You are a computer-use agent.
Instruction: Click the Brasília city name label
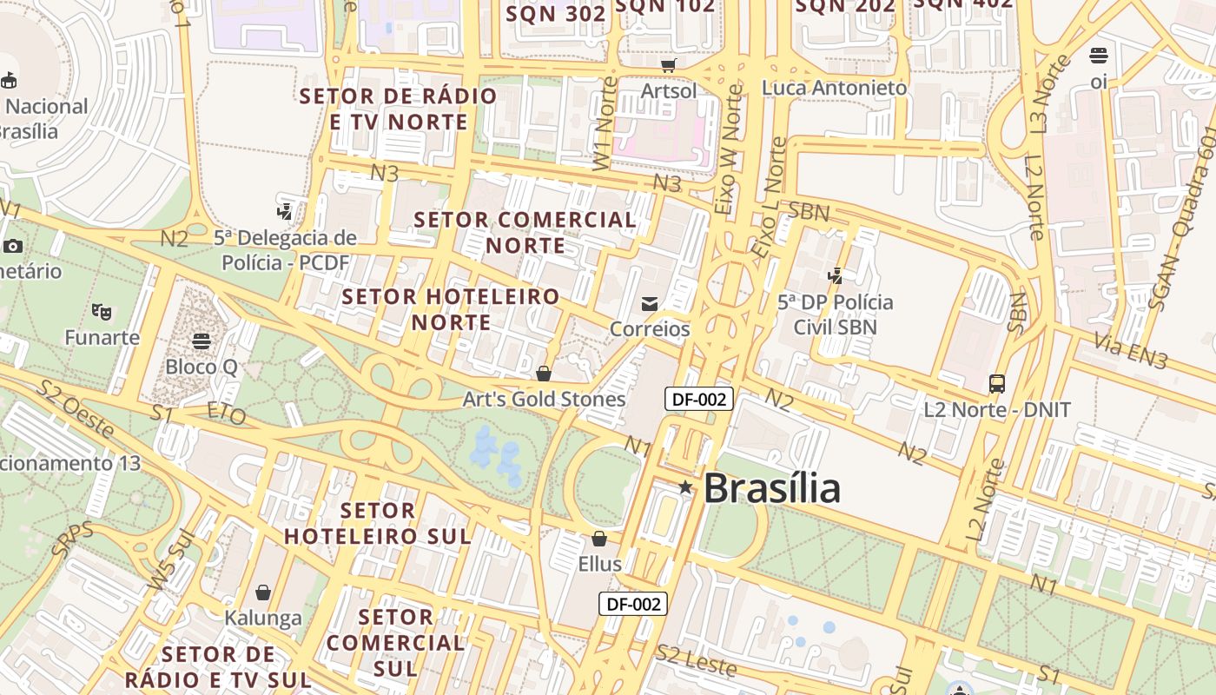coord(771,488)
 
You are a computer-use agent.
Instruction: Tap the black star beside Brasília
coord(685,487)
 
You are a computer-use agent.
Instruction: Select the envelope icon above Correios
coord(650,303)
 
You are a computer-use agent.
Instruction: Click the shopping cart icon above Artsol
coord(669,65)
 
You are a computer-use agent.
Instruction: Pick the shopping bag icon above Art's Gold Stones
coord(544,374)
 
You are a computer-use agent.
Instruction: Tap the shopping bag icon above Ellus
coord(599,539)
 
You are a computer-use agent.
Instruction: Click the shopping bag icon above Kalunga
coord(263,592)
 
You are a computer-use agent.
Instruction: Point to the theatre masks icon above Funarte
coord(102,310)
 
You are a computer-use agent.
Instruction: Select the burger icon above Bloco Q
coord(202,341)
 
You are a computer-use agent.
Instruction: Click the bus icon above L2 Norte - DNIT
coord(996,383)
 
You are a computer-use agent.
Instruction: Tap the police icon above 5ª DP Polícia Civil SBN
coord(836,276)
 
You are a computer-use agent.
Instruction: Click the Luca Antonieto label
coord(834,88)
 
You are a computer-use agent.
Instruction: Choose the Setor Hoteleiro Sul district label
coord(378,523)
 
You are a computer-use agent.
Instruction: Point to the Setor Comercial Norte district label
coord(525,233)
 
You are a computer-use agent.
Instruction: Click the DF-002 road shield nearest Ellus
coord(633,604)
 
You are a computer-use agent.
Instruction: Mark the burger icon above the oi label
coord(1099,56)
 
